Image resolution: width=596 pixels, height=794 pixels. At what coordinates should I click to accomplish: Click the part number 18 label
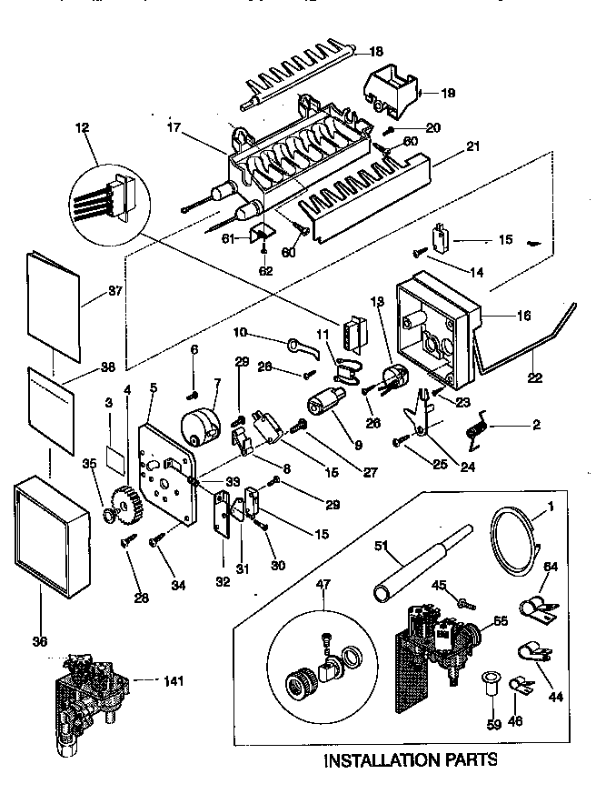376,52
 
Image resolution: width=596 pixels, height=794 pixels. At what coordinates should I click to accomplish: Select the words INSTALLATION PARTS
411,759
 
